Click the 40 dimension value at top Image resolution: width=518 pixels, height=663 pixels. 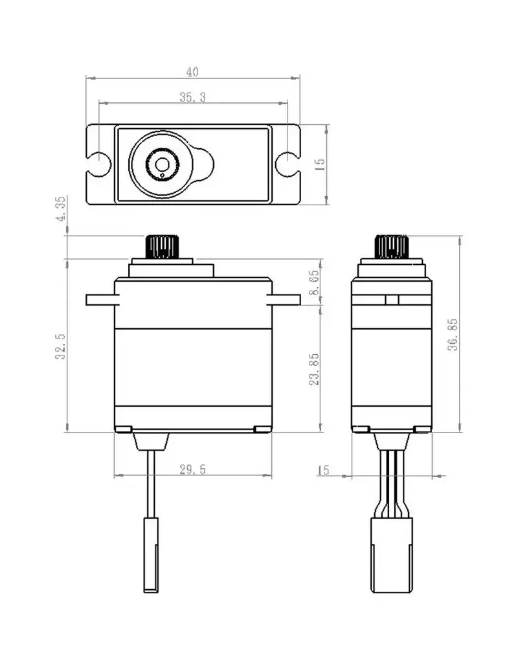coord(192,71)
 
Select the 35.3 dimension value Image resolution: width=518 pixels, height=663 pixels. coord(192,97)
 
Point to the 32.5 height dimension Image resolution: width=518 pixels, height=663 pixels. coord(60,346)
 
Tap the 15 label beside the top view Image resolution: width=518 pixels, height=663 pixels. coord(319,163)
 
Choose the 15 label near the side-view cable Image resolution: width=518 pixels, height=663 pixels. coord(324,470)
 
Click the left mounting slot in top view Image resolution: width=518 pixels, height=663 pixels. coord(98,163)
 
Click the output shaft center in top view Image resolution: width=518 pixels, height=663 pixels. coord(159,162)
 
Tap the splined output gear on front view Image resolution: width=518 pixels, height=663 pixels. coord(160,247)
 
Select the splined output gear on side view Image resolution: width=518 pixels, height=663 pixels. coord(392,247)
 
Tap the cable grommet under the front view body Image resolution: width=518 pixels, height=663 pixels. coord(151,442)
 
